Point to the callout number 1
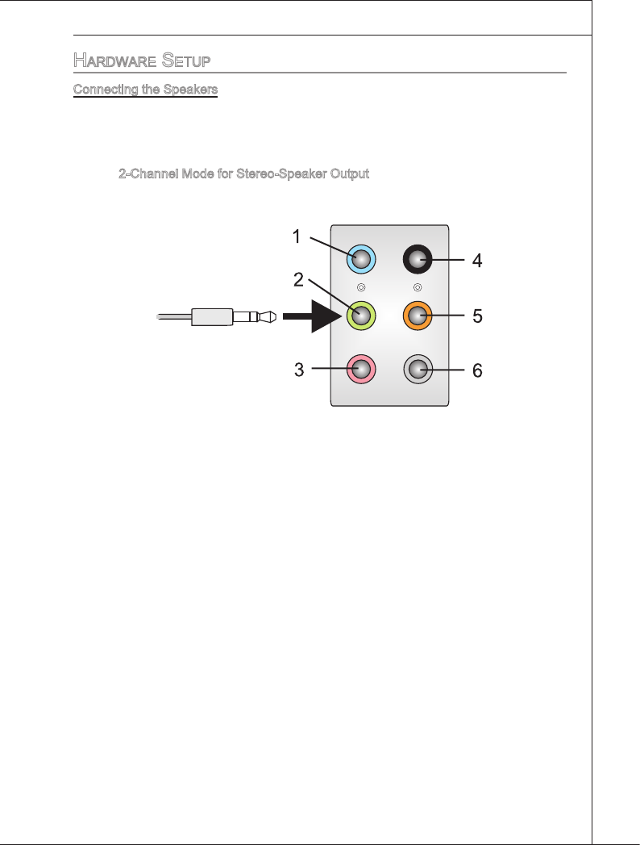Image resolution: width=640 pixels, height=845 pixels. (297, 236)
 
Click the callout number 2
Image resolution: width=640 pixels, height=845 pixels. (297, 280)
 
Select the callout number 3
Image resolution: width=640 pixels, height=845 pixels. (298, 370)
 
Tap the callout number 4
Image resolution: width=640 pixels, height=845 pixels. (477, 261)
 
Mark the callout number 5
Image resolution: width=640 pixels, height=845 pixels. (477, 316)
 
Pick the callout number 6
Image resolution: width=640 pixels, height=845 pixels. (477, 370)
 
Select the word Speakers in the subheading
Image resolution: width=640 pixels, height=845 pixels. (192, 90)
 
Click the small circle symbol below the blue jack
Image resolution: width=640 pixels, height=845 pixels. (361, 287)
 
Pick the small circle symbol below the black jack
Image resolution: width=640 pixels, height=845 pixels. (418, 287)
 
